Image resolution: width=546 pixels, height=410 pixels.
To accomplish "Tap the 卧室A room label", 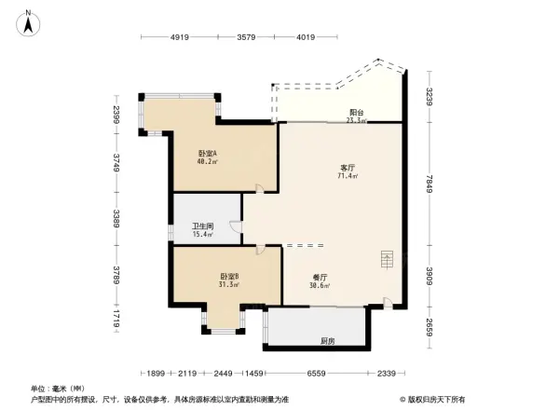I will point(207,154).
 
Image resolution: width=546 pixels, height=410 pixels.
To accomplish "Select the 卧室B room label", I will point(230,276).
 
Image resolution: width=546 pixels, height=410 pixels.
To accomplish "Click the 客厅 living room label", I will point(348,168).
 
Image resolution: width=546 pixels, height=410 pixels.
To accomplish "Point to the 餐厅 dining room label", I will point(320,277).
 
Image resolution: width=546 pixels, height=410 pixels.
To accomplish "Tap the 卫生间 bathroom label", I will point(203,226).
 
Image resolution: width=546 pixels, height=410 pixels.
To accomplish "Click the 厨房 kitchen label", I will point(327,341).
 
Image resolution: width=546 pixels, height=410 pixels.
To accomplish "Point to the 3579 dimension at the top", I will point(246,38).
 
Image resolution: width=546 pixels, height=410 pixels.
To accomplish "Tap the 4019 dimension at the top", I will point(304,38).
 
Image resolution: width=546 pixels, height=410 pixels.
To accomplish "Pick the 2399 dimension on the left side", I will point(116,114).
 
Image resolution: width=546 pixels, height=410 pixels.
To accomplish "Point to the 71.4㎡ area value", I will point(348,176).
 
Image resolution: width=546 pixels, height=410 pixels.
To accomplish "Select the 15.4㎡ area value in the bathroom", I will point(203,235).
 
